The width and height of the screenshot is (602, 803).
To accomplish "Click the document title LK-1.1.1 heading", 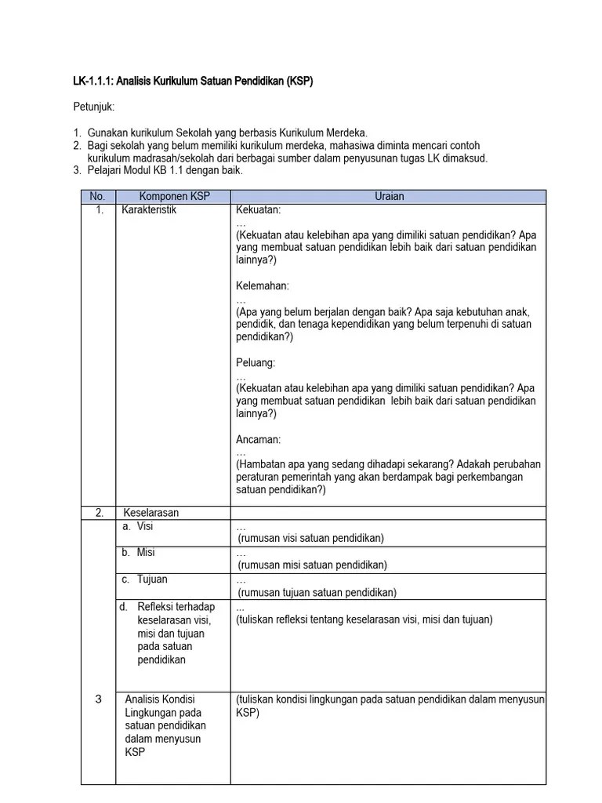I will coord(193,81).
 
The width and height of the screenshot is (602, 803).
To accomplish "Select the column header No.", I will coord(97,197).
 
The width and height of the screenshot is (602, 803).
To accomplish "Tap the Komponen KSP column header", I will coord(174,197).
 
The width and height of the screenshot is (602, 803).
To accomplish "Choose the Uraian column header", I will coord(389,197).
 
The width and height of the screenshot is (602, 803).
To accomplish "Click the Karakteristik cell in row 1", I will coord(149,210).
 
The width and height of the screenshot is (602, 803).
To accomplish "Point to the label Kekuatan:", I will coord(258,210).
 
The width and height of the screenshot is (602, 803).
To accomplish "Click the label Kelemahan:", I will coord(262,286).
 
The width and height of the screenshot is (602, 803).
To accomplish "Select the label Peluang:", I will coord(256,363).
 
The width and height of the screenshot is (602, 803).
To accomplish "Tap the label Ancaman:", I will coord(258,440).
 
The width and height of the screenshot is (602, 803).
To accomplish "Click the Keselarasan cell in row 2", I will coord(151,513).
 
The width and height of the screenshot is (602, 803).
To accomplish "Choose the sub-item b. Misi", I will coord(138,553).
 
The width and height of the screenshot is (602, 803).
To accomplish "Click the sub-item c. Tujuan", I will coord(144,580).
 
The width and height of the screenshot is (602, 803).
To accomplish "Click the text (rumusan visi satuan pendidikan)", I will coord(311,538).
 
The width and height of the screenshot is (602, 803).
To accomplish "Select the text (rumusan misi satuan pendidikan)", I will coord(312,565).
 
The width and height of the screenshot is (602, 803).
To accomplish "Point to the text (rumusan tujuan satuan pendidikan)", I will coord(317,592).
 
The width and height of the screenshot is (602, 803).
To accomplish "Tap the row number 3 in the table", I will coord(98,699).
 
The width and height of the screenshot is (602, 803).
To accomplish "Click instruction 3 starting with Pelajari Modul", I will coord(165,170).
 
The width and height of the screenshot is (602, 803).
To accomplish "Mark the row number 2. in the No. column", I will coord(100,513).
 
